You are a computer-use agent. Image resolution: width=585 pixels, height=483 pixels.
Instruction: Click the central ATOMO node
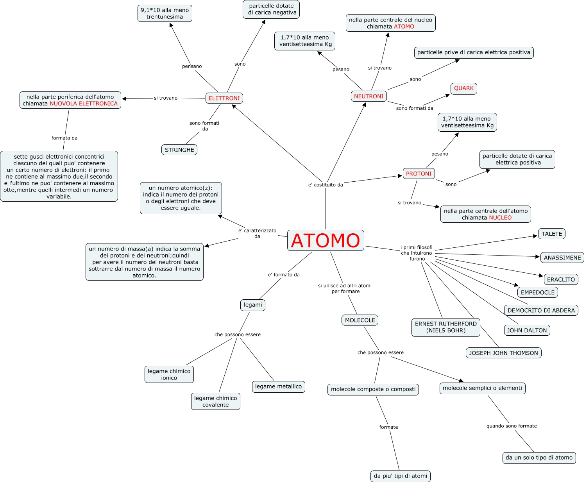point(326,240)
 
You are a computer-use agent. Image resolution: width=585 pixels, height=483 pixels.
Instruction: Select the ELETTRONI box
point(224,98)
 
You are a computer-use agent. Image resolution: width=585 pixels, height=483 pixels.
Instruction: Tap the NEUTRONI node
point(369,96)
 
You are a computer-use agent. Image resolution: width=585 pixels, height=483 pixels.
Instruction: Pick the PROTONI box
point(419,174)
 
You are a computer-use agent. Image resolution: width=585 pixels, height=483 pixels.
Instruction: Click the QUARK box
point(463,88)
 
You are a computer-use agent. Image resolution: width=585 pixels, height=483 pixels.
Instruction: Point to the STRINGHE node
point(179,150)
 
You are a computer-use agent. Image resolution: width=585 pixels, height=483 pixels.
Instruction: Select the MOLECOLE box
point(360,320)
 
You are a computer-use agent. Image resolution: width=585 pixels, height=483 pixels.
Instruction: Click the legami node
point(253,305)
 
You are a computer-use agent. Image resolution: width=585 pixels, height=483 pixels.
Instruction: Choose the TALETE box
point(551,234)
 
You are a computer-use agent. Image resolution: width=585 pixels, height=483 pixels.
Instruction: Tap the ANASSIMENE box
point(562,258)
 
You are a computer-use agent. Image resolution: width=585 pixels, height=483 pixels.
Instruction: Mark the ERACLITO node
point(561,279)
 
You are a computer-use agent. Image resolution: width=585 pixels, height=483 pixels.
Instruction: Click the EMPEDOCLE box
point(537,292)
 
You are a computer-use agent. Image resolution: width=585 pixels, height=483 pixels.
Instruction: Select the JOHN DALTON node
point(527,330)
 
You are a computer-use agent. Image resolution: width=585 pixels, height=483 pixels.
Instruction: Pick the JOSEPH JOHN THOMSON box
point(503,353)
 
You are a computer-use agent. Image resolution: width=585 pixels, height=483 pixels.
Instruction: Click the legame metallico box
point(278,386)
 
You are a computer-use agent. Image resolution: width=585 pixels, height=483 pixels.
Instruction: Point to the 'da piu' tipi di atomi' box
point(400,476)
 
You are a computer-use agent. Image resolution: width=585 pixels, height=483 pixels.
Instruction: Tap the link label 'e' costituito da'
point(326,185)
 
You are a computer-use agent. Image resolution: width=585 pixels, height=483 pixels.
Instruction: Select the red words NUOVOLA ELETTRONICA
point(83,104)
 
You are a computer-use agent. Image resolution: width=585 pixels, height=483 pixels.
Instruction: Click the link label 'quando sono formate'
point(511,426)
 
